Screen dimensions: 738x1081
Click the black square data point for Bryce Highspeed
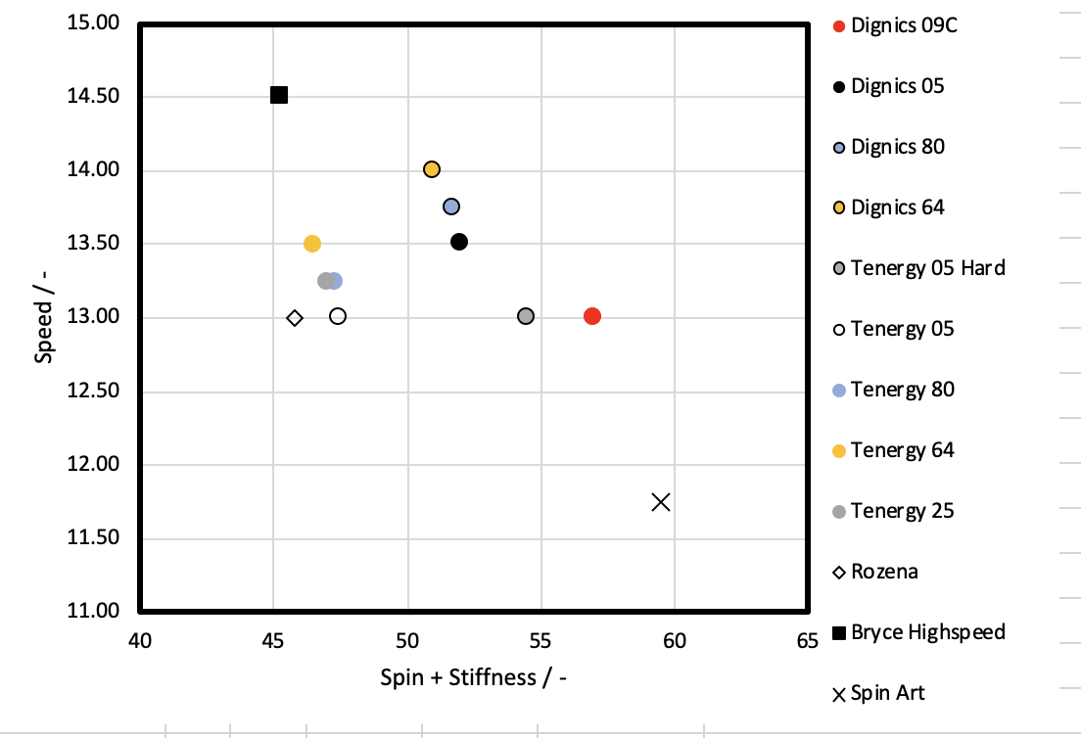279,95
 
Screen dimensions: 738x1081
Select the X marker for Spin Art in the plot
661,502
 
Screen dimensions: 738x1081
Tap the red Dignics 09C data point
591,316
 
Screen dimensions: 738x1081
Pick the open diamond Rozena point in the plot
295,317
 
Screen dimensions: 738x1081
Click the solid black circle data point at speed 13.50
459,242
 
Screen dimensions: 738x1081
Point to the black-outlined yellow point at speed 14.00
432,169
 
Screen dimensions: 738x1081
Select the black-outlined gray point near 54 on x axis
526,316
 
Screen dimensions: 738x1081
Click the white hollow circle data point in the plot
338,316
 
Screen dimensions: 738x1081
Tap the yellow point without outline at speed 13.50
312,244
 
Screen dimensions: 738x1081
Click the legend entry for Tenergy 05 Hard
927,268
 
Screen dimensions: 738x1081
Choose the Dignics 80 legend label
898,147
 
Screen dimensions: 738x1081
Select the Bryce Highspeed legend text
927,632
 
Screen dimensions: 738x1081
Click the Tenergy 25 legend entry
902,511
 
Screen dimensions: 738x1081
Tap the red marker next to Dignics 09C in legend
838,25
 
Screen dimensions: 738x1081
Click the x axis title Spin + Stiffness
473,676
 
